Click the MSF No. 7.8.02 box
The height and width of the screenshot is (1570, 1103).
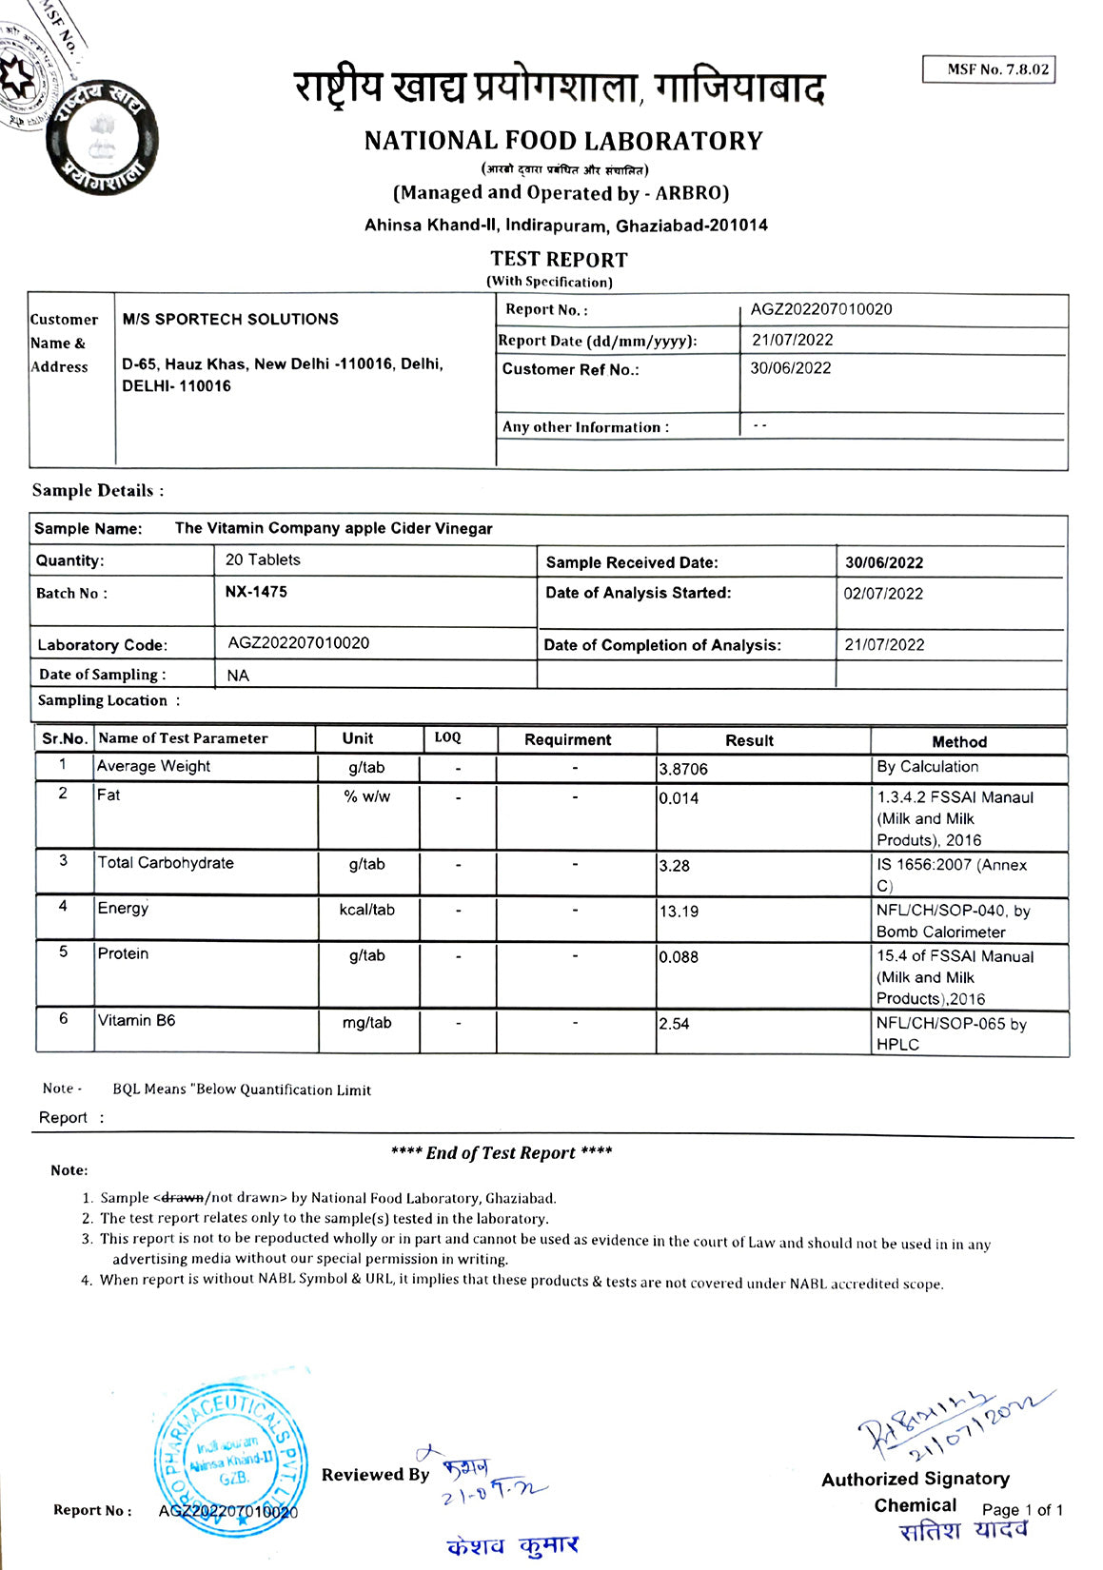[989, 69]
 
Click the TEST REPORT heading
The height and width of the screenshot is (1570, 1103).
[559, 259]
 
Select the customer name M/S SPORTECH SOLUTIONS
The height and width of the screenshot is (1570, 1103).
[230, 320]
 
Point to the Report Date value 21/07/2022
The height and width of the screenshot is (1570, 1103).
[792, 340]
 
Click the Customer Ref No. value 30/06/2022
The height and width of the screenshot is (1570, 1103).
[790, 368]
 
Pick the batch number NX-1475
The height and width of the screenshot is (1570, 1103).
[256, 592]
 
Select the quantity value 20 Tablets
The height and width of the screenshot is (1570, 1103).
[263, 560]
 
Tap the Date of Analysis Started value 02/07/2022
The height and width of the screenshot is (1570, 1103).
[883, 594]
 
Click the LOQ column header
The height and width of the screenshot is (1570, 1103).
[447, 738]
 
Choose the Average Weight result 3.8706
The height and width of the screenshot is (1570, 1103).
[683, 769]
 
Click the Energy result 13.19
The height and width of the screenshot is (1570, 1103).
[679, 912]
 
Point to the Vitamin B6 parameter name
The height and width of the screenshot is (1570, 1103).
[137, 1021]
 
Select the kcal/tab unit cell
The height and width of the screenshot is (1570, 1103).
[366, 910]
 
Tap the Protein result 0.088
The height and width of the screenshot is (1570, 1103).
[679, 957]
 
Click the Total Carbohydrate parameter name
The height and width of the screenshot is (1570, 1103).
[166, 863]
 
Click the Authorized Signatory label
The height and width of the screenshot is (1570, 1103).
[916, 1479]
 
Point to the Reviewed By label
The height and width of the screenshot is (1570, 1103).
[375, 1475]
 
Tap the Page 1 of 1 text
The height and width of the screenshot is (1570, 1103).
[1022, 1510]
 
